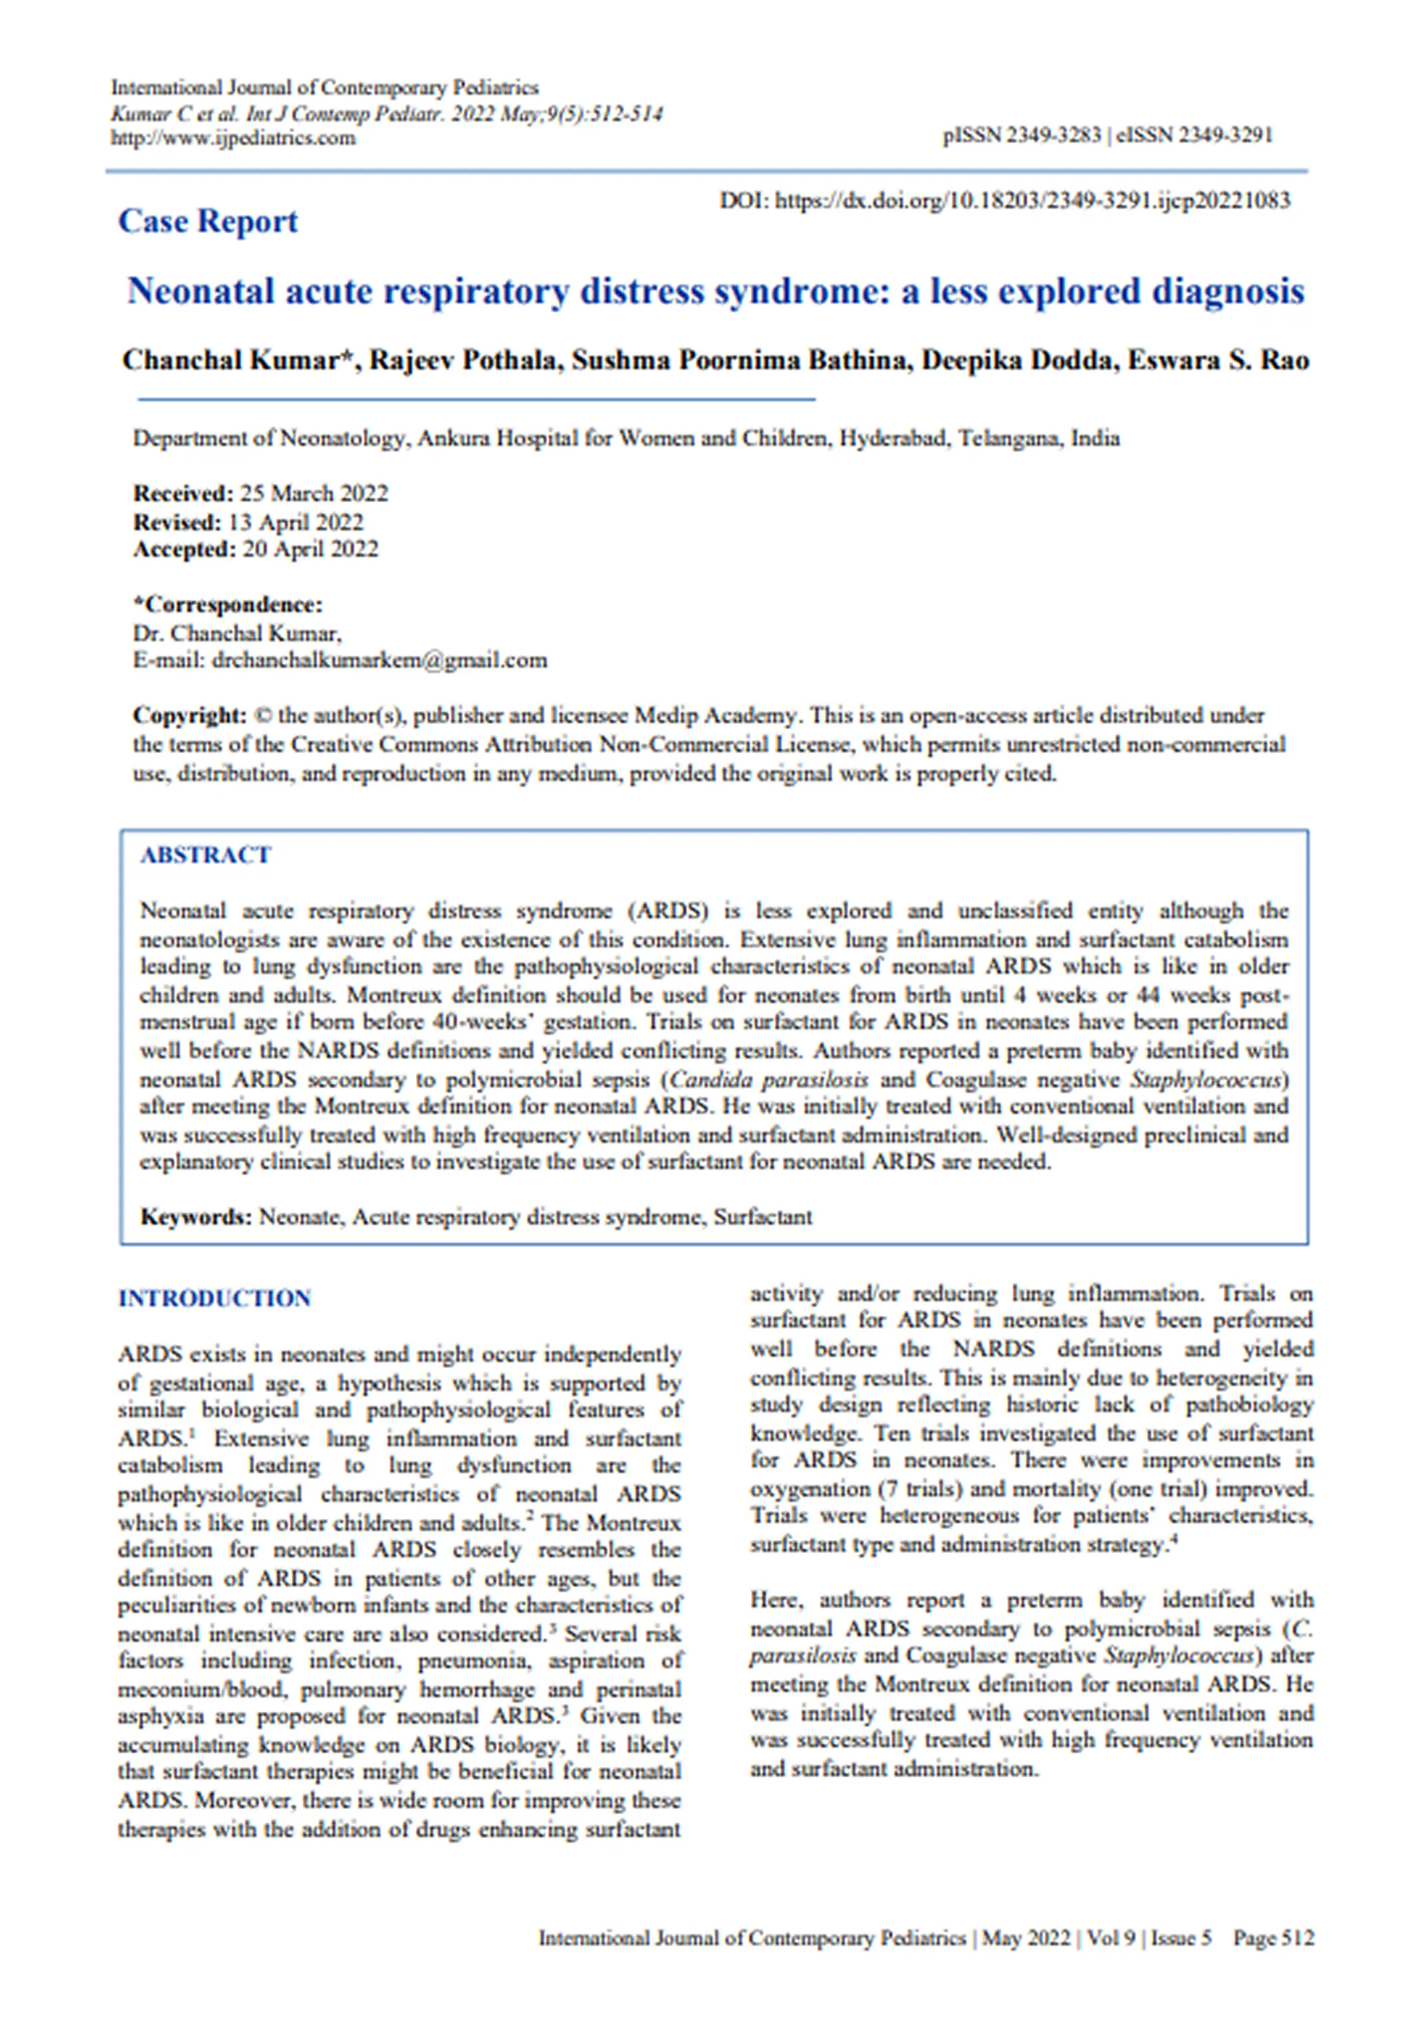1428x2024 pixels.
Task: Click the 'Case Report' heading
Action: pyautogui.click(x=208, y=221)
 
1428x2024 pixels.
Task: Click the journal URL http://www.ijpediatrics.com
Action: pyautogui.click(x=233, y=139)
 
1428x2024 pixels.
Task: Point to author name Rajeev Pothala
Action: pyautogui.click(x=466, y=360)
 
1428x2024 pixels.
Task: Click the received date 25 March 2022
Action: pyautogui.click(x=314, y=493)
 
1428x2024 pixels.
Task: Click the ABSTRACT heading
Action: pyautogui.click(x=205, y=855)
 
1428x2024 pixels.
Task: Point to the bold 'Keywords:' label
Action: pyautogui.click(x=196, y=1218)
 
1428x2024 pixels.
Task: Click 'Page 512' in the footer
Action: pyautogui.click(x=1273, y=1937)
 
